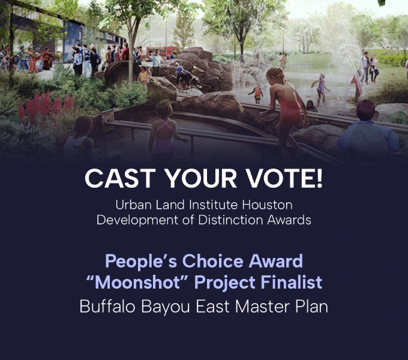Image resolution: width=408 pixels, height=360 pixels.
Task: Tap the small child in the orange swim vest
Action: click(x=257, y=93)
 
